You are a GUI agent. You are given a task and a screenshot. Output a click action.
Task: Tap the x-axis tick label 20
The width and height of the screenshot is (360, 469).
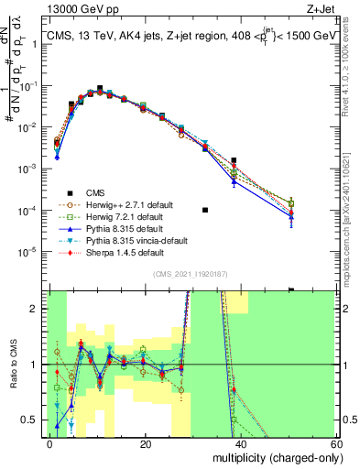tap(145, 443)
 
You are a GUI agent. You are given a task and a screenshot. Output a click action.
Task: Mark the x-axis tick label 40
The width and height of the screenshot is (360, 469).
tap(241, 443)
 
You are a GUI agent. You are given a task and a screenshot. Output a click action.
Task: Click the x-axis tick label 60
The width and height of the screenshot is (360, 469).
tap(336, 443)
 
